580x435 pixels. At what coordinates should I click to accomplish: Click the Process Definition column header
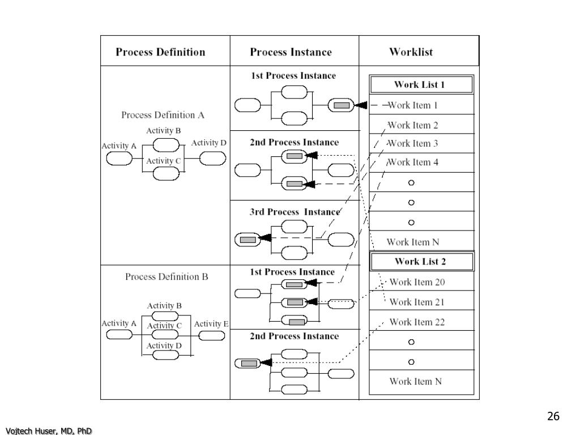(x=160, y=52)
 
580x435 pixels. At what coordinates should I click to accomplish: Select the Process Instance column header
(x=291, y=52)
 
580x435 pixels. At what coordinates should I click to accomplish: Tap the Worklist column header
(x=411, y=52)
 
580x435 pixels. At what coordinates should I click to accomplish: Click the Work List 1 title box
(x=421, y=84)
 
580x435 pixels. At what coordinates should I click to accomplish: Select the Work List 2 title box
(x=421, y=262)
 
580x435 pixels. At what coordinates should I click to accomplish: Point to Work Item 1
(x=412, y=105)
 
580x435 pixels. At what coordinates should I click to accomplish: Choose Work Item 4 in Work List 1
(x=412, y=162)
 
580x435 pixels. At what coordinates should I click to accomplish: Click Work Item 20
(x=417, y=282)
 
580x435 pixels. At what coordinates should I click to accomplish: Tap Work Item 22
(x=417, y=322)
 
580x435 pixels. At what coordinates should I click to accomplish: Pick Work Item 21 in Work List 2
(x=417, y=302)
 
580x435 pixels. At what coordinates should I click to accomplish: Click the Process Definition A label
(x=163, y=115)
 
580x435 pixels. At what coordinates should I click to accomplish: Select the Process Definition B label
(x=167, y=276)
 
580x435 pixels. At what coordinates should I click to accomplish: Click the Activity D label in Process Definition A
(x=208, y=143)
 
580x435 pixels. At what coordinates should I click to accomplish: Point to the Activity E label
(x=211, y=324)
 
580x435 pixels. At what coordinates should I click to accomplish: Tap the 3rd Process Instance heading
(x=295, y=212)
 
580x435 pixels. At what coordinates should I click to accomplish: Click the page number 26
(x=553, y=416)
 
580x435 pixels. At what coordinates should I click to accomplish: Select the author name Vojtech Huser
(x=29, y=430)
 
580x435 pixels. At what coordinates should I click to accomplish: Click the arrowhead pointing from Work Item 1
(x=361, y=105)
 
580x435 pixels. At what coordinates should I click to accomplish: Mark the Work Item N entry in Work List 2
(x=415, y=381)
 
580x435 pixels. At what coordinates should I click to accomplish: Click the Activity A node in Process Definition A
(x=119, y=159)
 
